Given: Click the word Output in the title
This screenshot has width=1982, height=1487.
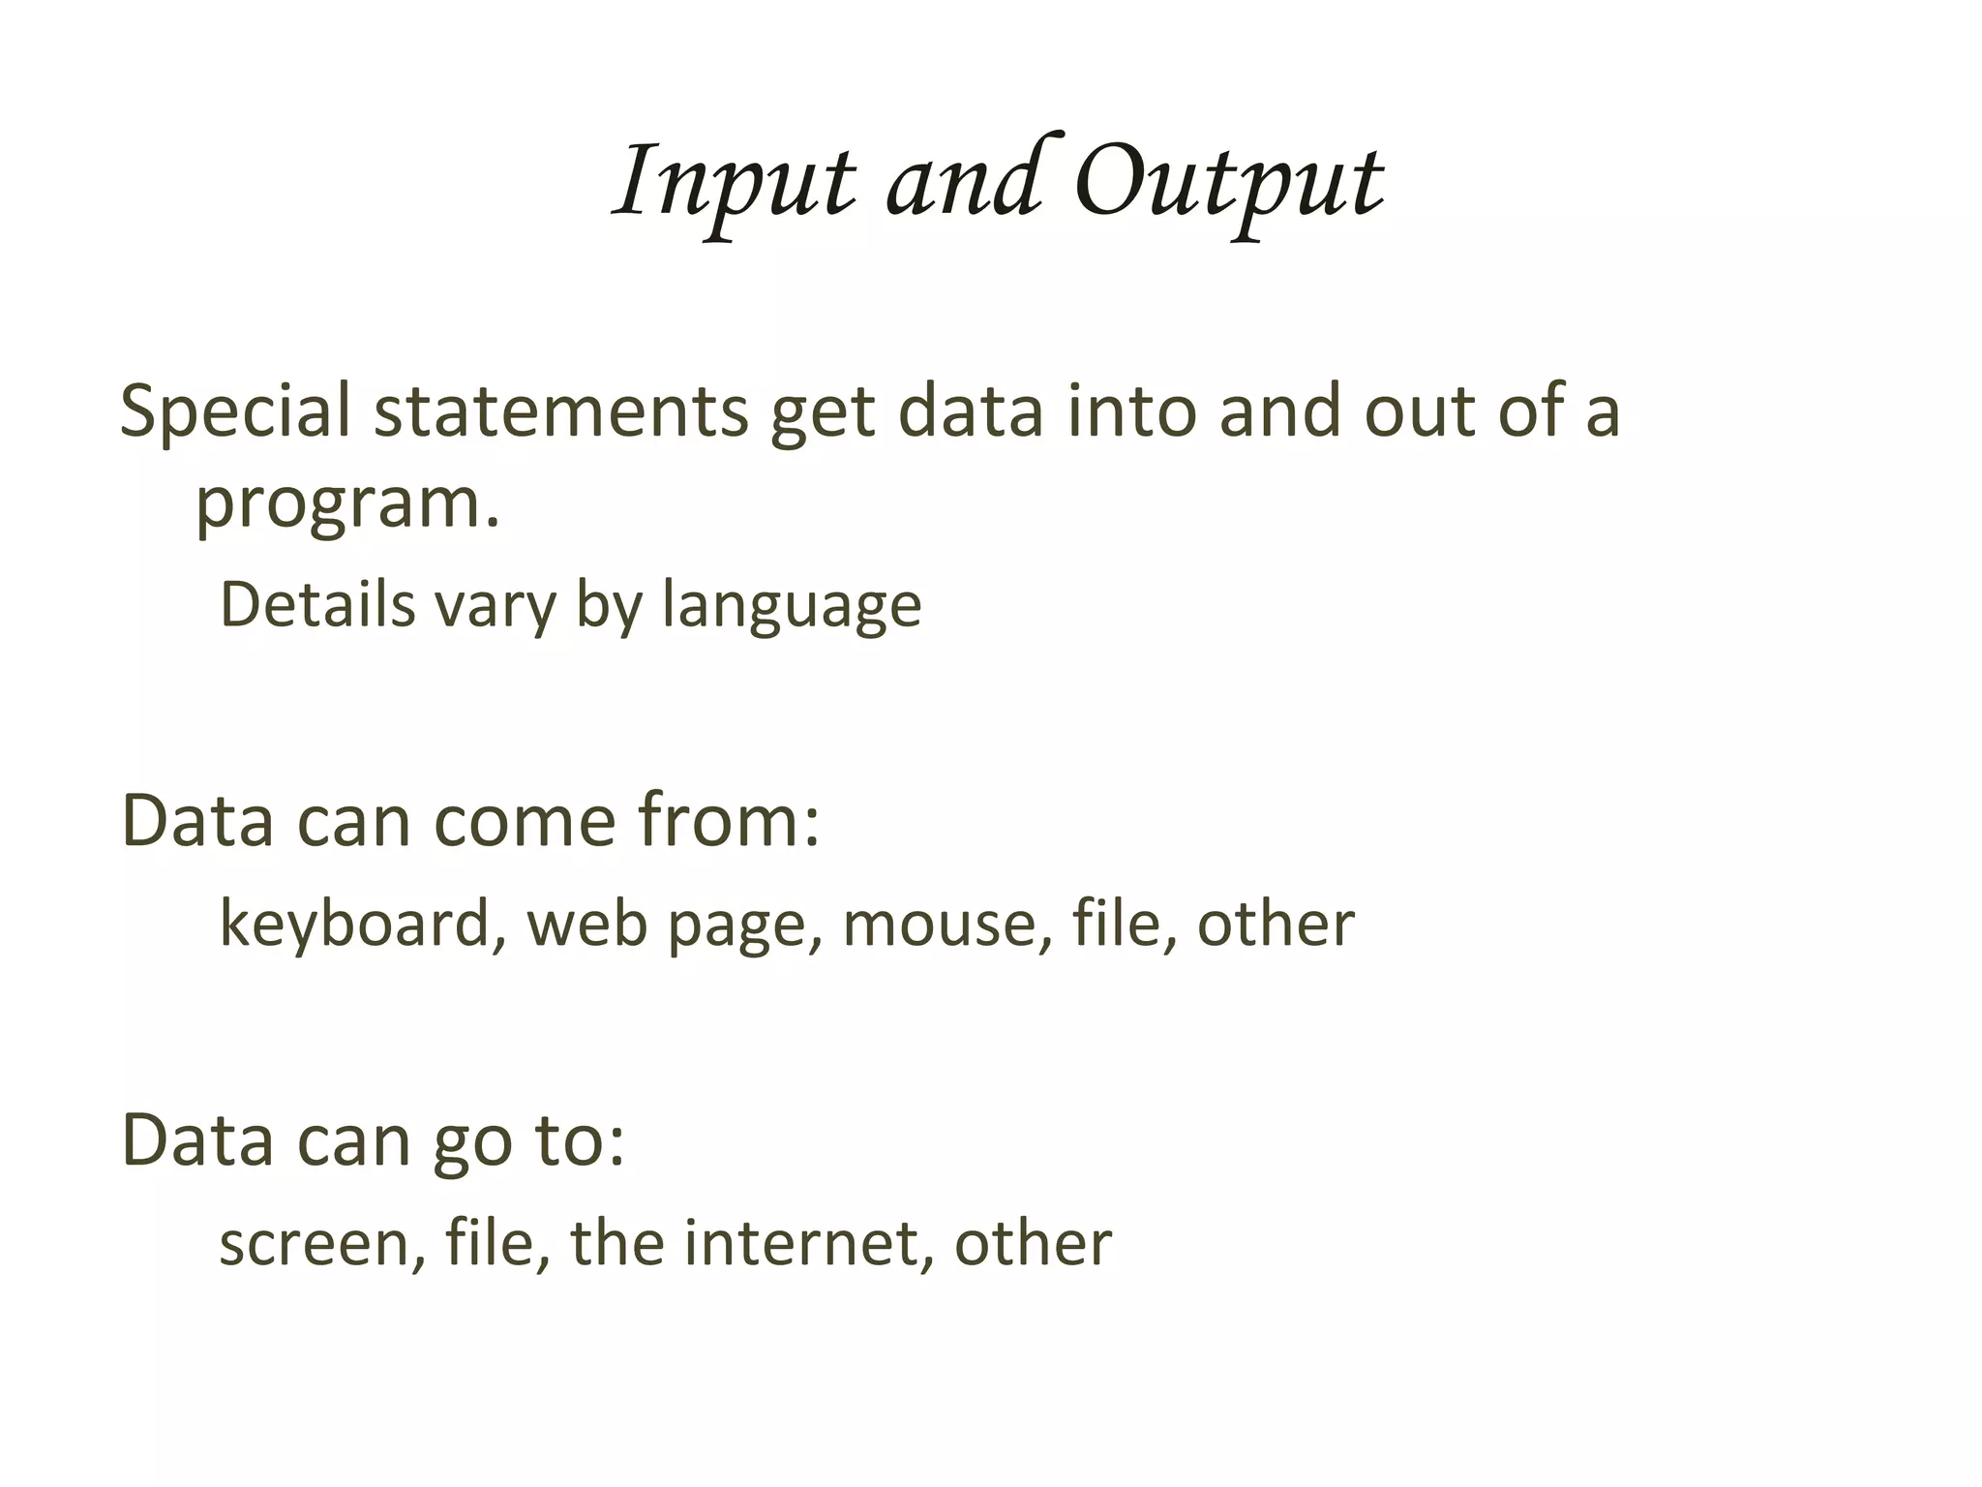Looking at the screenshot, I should (x=1229, y=182).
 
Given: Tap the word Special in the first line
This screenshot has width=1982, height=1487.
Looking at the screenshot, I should (x=234, y=411).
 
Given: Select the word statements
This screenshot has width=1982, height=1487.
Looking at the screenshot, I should (x=561, y=411).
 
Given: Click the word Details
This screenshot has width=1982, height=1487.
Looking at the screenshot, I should (x=317, y=605).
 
